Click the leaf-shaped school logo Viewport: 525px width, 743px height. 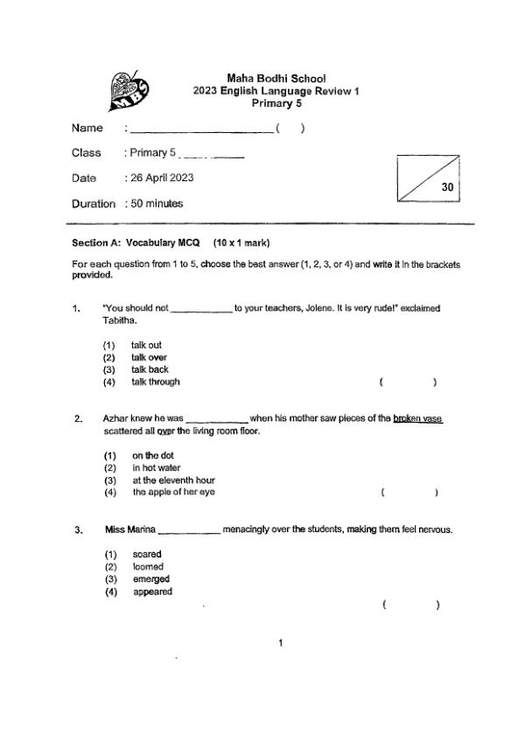[x=125, y=90]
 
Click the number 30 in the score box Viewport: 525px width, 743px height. [x=447, y=187]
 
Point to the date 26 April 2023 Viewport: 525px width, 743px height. [x=162, y=178]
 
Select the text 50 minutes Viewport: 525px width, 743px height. [x=157, y=204]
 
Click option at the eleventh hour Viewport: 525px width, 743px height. [x=173, y=480]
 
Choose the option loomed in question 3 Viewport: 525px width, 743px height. [x=148, y=566]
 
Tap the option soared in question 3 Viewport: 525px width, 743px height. [x=147, y=554]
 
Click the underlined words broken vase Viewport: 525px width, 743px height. [x=418, y=418]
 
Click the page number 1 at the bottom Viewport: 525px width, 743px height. [x=280, y=644]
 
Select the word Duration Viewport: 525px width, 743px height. [x=94, y=204]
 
